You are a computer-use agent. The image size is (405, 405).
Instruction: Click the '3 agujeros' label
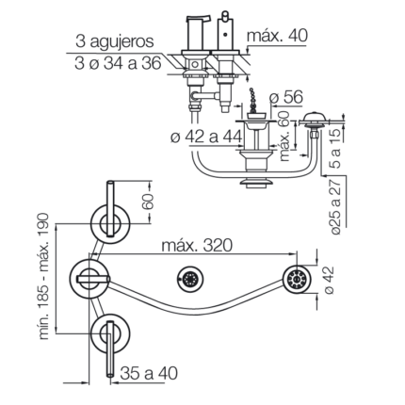pyautogui.click(x=115, y=41)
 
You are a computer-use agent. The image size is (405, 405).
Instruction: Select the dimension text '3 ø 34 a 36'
pyautogui.click(x=118, y=63)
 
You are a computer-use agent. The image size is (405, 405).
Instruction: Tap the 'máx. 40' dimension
pyautogui.click(x=277, y=36)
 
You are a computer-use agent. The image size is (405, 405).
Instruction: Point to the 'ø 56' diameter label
pyautogui.click(x=286, y=97)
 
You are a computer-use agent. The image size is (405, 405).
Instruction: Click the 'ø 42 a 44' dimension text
pyautogui.click(x=206, y=137)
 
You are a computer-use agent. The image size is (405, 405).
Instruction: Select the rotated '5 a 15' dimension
pyautogui.click(x=335, y=149)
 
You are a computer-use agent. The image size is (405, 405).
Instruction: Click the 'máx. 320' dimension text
pyautogui.click(x=197, y=245)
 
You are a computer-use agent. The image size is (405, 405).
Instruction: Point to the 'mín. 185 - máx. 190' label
pyautogui.click(x=43, y=276)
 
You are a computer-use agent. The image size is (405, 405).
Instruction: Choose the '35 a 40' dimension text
pyautogui.click(x=149, y=373)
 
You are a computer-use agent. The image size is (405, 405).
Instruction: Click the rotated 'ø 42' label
pyautogui.click(x=329, y=281)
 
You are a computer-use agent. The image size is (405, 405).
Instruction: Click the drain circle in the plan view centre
pyautogui.click(x=190, y=279)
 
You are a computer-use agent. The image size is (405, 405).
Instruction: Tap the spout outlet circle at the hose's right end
pyautogui.click(x=296, y=279)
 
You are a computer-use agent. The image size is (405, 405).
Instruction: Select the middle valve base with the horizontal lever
pyautogui.click(x=89, y=279)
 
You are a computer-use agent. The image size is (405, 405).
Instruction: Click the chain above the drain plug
pyautogui.click(x=252, y=98)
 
